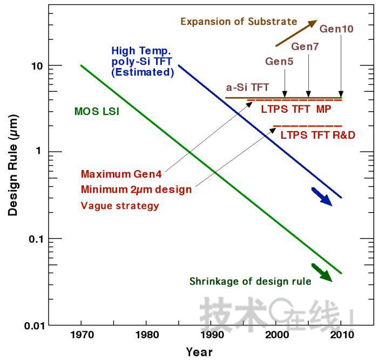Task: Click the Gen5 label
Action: (279, 61)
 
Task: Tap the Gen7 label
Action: (305, 46)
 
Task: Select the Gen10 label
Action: (336, 29)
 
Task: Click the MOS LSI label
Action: (97, 112)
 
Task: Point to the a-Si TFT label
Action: (247, 87)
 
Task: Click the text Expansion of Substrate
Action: (239, 22)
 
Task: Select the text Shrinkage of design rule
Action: (250, 281)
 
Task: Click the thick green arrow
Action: (323, 273)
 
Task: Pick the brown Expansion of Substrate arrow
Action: (296, 33)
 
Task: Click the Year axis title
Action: (199, 352)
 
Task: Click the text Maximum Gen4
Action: (122, 174)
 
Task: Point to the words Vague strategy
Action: (120, 206)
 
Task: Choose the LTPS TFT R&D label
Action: (318, 135)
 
